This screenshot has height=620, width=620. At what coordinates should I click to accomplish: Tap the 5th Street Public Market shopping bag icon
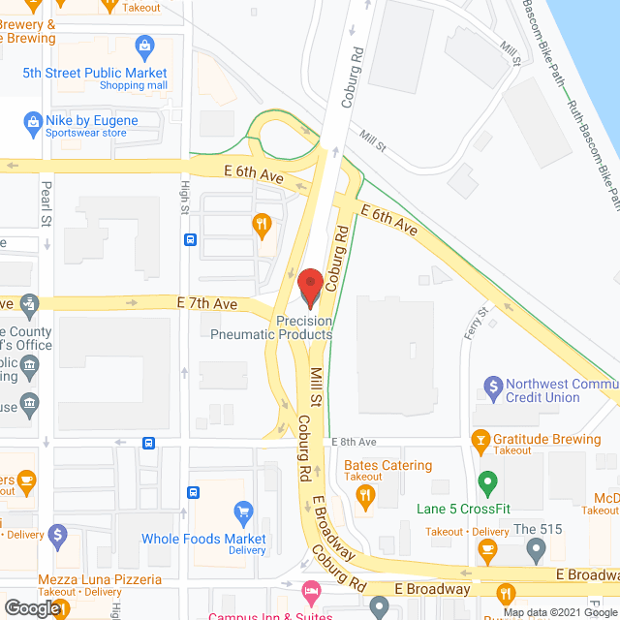pos(145,46)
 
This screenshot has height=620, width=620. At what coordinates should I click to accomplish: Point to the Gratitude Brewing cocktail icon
pos(479,440)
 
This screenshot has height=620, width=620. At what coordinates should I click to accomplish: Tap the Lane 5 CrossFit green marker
pos(487,481)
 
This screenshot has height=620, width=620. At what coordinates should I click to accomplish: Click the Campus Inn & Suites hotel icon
pos(310,590)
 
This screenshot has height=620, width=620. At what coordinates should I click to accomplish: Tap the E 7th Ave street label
pos(207,303)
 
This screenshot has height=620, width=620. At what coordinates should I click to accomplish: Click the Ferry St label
pos(479,323)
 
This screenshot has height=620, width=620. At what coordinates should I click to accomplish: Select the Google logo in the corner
pos(31,608)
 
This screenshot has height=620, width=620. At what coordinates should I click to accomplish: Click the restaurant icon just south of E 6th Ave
pos(261,227)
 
